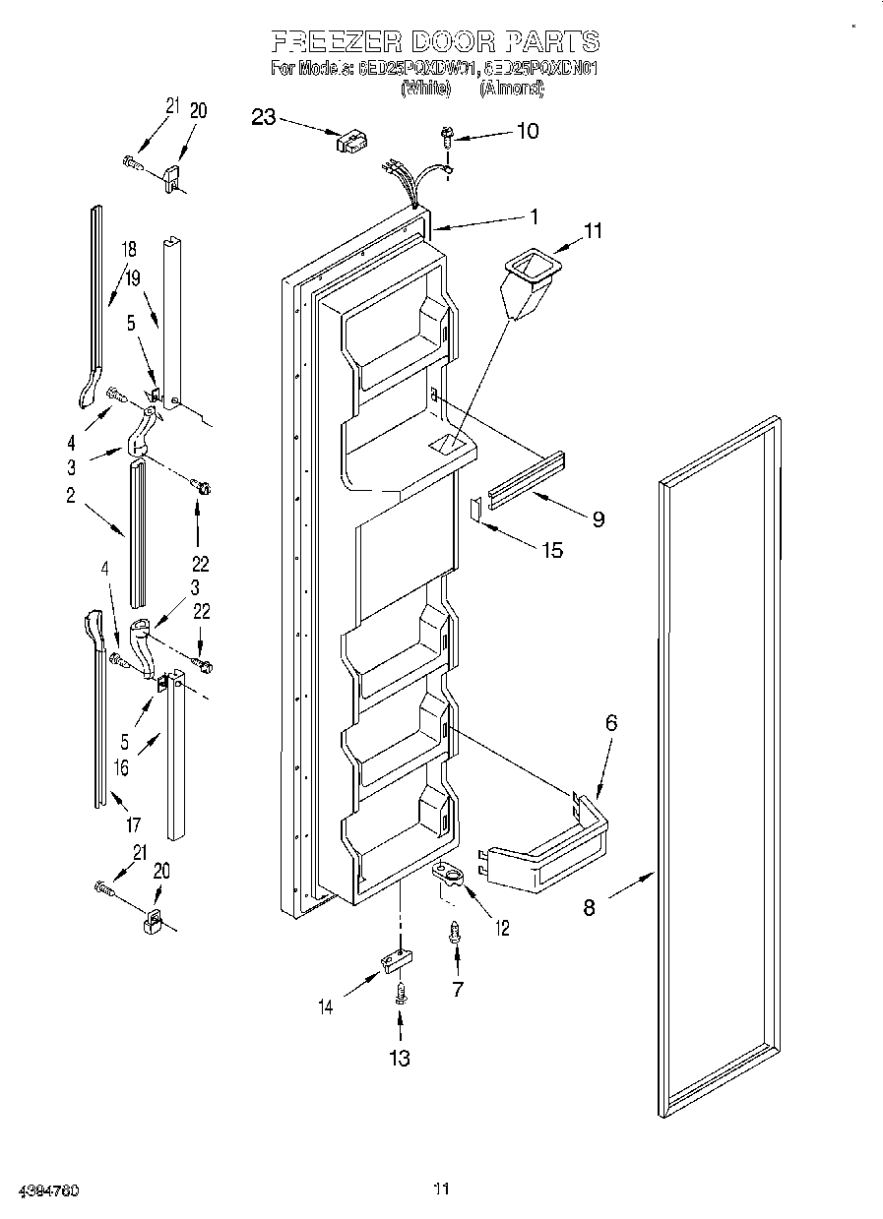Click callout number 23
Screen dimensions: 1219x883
(263, 117)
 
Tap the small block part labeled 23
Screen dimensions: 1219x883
(350, 143)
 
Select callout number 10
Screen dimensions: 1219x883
(528, 131)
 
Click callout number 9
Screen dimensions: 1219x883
(598, 518)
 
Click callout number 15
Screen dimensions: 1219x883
(552, 549)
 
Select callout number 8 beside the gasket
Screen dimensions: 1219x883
(589, 907)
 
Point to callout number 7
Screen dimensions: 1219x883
(457, 989)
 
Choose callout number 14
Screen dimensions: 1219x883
(326, 1006)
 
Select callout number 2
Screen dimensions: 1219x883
(71, 496)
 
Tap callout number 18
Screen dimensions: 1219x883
(129, 250)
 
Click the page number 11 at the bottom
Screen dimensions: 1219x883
(442, 1189)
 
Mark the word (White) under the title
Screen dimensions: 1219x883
(426, 88)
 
